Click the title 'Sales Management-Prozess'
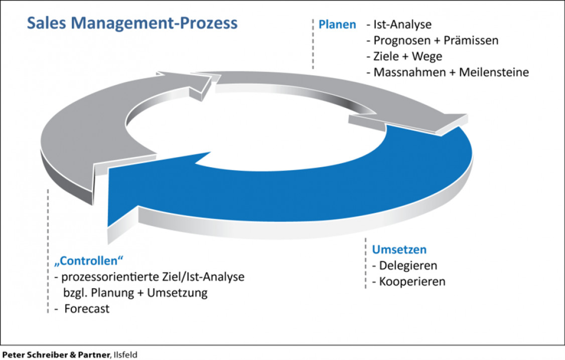click(x=132, y=23)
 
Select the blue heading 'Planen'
click(x=337, y=25)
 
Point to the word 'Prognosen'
click(x=402, y=41)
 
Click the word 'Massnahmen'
click(x=407, y=72)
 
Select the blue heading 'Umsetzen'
click(x=399, y=250)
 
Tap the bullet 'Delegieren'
click(x=408, y=265)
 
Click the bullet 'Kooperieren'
click(x=412, y=281)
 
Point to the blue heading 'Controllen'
click(x=88, y=261)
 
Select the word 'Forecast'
click(x=87, y=309)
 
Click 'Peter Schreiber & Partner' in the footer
click(x=55, y=354)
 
